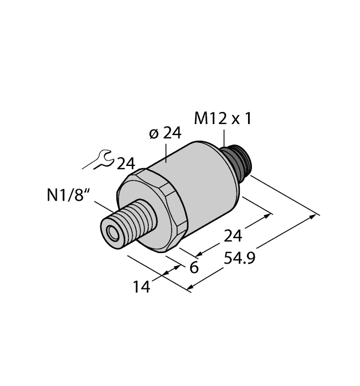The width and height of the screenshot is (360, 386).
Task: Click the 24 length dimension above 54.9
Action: [x=232, y=237]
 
